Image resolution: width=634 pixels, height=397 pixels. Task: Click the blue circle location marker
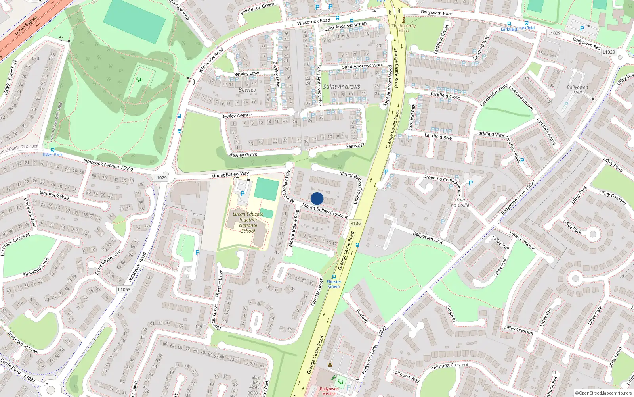click(317, 198)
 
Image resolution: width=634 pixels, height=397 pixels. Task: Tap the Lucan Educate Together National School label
click(248, 222)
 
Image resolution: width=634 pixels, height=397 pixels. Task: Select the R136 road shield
click(355, 223)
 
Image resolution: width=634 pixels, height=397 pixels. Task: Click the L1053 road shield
click(124, 289)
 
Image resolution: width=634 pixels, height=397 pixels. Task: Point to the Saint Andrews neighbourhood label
click(342, 87)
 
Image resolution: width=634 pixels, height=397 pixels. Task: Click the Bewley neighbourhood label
click(247, 90)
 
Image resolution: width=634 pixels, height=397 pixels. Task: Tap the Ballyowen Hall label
click(577, 90)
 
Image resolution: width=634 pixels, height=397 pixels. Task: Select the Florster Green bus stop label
click(334, 284)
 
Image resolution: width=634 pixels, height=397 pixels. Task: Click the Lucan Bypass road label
click(27, 25)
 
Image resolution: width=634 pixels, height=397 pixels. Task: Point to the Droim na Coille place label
click(460, 202)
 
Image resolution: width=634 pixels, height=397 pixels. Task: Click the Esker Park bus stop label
click(53, 154)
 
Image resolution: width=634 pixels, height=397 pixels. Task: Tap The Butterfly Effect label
click(404, 28)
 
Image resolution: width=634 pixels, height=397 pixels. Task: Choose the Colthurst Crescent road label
click(450, 366)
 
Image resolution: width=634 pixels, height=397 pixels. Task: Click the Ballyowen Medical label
click(329, 391)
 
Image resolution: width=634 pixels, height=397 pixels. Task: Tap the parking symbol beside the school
click(243, 194)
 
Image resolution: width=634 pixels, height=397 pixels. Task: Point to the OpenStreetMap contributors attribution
click(603, 393)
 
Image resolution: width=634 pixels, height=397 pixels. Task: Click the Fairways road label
click(355, 146)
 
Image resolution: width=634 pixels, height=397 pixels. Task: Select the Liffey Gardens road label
click(612, 197)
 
